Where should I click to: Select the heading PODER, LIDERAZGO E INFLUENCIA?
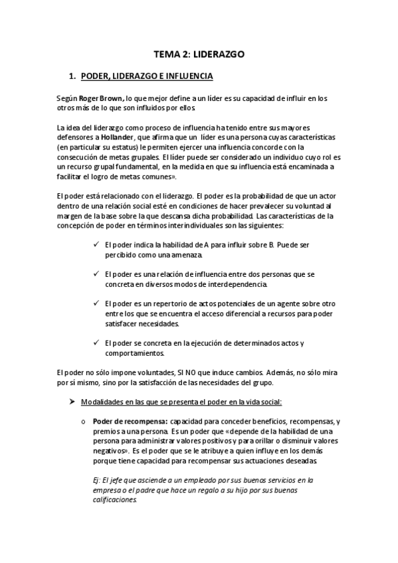[146, 77]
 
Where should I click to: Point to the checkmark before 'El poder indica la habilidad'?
[98, 245]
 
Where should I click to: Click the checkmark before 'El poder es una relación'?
[98, 274]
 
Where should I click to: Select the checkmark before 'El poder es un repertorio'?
[98, 303]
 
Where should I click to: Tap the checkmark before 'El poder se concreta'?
[98, 343]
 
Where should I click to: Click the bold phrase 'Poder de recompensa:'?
[130, 422]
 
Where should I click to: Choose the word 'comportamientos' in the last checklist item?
[129, 353]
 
